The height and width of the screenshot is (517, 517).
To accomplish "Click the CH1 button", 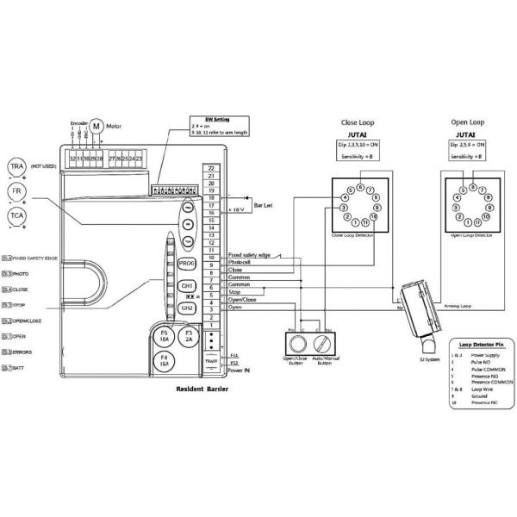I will (x=188, y=285).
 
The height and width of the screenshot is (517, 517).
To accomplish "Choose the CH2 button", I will (x=187, y=308).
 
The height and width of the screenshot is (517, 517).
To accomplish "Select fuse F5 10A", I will (x=164, y=335).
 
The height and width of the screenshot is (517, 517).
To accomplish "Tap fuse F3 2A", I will (x=190, y=335).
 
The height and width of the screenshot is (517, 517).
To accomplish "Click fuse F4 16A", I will (x=164, y=361).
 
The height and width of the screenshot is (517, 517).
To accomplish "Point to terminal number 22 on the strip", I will (x=210, y=167).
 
